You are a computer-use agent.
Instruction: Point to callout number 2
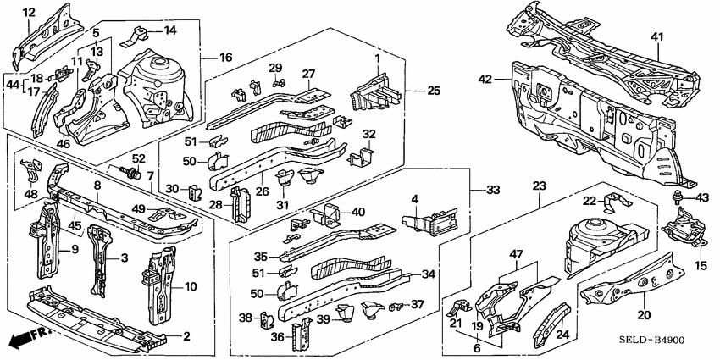coord(186,336)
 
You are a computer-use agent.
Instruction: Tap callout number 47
coord(516,254)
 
